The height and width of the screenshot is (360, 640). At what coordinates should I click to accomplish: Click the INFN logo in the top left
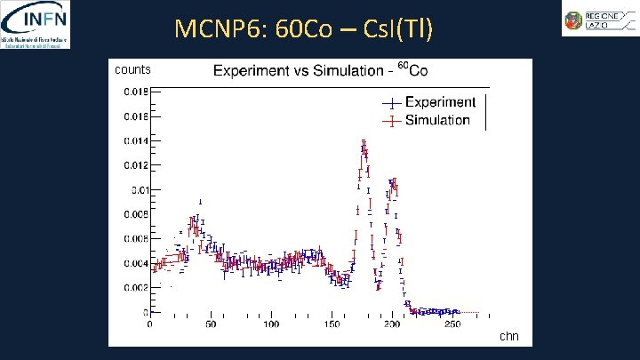coord(36,24)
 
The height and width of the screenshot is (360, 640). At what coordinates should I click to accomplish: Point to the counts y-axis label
coord(133,69)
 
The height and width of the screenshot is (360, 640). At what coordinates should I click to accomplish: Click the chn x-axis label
coord(508,336)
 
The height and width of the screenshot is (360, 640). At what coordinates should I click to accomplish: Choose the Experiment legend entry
coord(439,102)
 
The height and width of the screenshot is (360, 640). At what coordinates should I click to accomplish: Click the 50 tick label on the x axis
coord(211,324)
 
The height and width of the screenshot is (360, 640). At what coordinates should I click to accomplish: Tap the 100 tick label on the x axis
coord(270,324)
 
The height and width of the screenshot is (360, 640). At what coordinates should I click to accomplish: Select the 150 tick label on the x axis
coord(332,324)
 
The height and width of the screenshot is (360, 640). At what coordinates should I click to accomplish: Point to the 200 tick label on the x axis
coord(392,324)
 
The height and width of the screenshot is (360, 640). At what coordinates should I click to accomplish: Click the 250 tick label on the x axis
coord(453,324)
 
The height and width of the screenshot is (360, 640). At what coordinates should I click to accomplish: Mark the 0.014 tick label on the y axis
coord(136,140)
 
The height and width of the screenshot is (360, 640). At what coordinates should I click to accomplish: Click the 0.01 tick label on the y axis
coord(139,189)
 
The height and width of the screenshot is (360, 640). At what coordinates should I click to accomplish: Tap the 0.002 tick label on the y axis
coord(136,288)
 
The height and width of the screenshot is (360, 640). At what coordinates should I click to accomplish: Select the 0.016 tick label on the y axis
coord(136,116)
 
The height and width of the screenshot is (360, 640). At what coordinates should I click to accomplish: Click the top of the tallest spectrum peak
coord(364,142)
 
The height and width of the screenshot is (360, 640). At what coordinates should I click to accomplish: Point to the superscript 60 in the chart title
coord(402,65)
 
